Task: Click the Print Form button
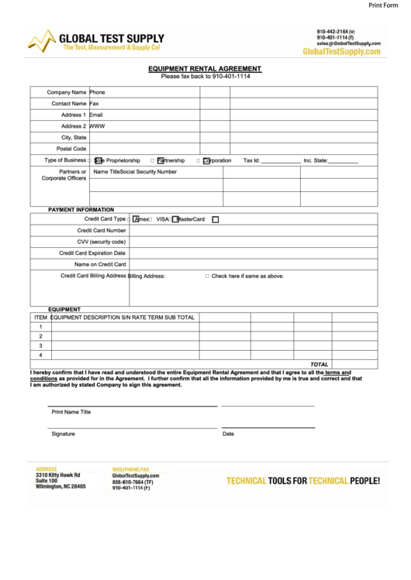[385, 5]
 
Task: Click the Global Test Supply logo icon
[42, 41]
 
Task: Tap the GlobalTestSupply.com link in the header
[341, 52]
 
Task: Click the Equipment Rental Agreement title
[205, 68]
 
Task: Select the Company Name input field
[144, 92]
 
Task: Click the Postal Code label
[71, 149]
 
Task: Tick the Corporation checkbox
[206, 161]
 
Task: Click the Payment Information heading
[81, 210]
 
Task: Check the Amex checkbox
[137, 219]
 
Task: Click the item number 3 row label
[40, 345]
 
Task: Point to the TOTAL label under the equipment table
[319, 364]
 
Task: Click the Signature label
[64, 434]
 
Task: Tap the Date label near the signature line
[228, 434]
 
